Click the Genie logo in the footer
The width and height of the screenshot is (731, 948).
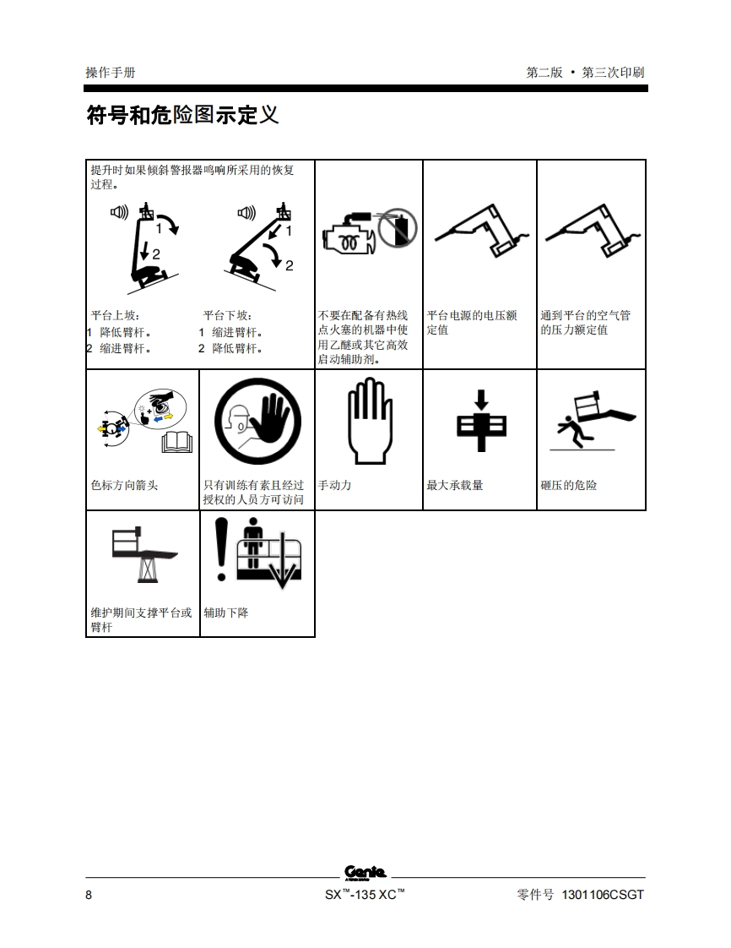365,873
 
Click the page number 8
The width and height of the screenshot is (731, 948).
89,896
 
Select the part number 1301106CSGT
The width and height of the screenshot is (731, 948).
603,895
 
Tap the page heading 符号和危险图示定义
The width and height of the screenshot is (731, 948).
182,115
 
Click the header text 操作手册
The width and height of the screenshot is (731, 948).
111,73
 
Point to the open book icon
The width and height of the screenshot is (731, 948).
177,443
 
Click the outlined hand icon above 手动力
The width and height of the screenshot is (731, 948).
370,421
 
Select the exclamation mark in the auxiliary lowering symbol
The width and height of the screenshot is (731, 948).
222,549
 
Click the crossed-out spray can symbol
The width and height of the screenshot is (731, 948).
398,228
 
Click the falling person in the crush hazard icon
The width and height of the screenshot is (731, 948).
571,433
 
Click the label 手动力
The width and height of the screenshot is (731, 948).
334,485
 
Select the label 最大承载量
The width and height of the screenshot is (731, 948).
455,485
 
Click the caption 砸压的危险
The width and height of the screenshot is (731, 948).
568,485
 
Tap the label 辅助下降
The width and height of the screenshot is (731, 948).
226,613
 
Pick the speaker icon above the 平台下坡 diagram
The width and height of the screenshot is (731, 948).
246,213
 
